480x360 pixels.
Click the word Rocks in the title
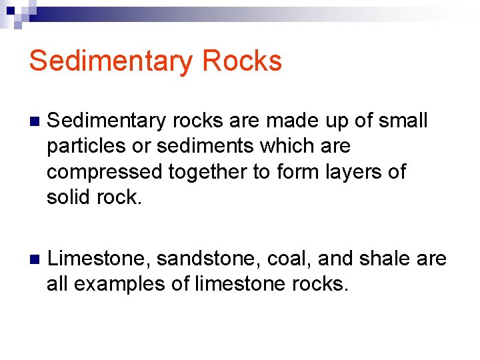tap(242, 61)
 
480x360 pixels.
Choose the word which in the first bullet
tap(299, 146)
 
